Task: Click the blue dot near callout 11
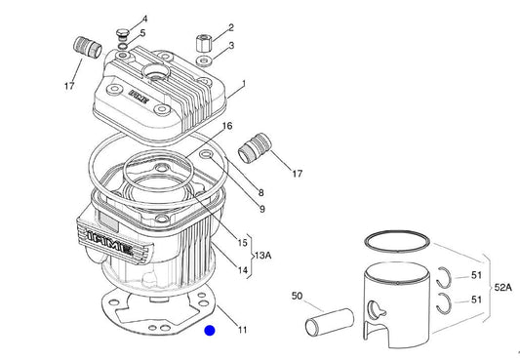210,331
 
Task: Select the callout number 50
297,296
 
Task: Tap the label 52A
503,288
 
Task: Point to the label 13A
263,256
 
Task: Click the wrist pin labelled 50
330,321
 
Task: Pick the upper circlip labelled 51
444,277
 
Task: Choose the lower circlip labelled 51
444,303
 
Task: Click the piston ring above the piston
397,241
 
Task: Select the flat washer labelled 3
204,61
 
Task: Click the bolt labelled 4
123,34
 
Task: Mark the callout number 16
227,126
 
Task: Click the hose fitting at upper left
87,48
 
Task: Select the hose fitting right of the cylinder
255,148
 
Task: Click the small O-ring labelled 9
206,154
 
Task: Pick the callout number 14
243,270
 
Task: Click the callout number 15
242,243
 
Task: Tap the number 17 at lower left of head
69,86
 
